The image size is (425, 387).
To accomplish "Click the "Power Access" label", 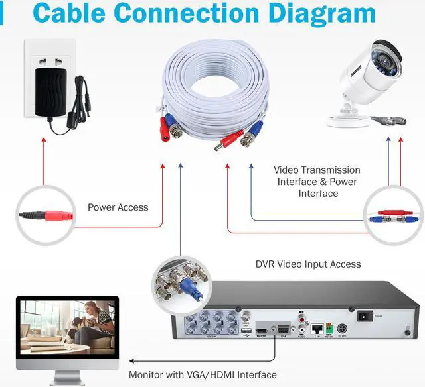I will pos(118,207).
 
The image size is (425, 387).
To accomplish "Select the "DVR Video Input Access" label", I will pos(308,264).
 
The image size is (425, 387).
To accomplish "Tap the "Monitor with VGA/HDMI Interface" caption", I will pos(203,375).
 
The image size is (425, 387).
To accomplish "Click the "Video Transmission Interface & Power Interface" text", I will pos(318,182).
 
